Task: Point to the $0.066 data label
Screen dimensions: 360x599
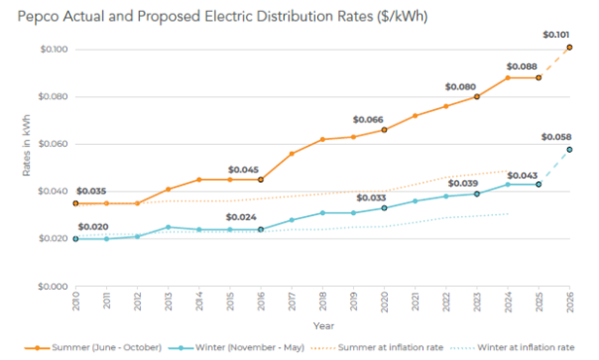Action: (x=369, y=119)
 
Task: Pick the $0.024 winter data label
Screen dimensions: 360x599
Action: (x=241, y=217)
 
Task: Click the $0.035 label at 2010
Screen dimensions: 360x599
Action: (x=92, y=192)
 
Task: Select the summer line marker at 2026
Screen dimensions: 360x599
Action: (x=569, y=47)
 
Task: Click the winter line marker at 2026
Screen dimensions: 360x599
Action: (x=569, y=149)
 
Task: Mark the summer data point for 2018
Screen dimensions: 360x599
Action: (x=322, y=139)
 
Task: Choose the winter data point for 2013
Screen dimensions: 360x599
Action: (x=168, y=227)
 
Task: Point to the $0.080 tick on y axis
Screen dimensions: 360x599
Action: (x=53, y=96)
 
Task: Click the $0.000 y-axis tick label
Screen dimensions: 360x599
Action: (x=53, y=286)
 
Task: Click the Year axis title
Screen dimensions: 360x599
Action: (x=321, y=326)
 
